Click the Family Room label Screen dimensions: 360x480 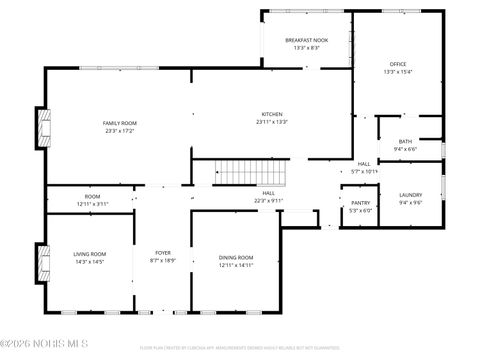119,122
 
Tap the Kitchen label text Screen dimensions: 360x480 271,114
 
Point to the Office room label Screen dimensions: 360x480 397,63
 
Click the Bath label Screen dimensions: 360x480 405,141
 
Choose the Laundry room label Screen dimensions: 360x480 410,195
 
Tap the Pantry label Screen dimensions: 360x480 361,203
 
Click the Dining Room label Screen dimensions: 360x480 236,258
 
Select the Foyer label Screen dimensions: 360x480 162,253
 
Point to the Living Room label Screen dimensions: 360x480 90,254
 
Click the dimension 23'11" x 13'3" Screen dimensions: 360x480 271,122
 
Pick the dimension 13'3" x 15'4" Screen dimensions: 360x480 397,71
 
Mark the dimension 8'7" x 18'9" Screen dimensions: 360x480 162,261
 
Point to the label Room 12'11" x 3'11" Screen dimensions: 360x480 92,200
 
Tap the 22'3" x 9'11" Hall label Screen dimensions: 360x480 269,197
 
